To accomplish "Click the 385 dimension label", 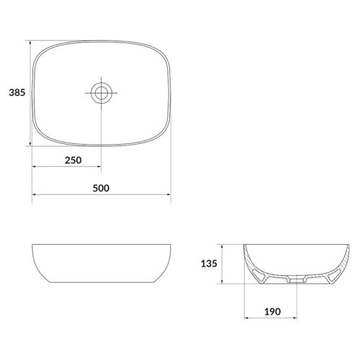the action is [17, 92].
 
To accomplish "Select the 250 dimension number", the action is [73, 160].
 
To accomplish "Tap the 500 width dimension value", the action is [101, 188].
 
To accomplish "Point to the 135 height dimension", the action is [209, 264].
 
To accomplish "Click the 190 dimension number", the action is [272, 312].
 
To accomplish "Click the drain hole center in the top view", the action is [102, 93].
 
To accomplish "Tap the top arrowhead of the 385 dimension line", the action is [30, 42].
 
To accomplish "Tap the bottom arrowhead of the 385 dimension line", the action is [30, 143].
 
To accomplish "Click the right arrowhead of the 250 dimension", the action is [99, 166].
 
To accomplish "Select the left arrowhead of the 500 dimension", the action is [35, 194].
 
